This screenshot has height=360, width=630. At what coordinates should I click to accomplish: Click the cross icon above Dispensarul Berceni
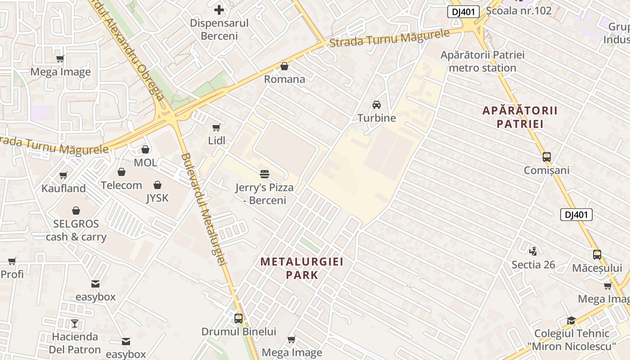tap(219, 9)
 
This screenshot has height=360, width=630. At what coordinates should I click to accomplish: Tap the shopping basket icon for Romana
tap(284, 66)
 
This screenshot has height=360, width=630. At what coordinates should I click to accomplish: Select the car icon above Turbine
tap(377, 105)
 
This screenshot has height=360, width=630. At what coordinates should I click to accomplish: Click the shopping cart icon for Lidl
tap(216, 127)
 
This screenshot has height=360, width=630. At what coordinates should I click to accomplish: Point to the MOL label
tap(145, 162)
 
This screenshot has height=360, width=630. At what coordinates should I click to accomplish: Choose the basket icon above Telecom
tap(121, 172)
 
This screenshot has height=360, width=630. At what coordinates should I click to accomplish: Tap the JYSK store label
tap(157, 198)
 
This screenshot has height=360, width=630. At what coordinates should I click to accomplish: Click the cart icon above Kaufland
tap(63, 175)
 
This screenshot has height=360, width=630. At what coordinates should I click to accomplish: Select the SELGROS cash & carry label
tap(76, 230)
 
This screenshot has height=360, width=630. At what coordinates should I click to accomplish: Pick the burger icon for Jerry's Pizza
tap(265, 174)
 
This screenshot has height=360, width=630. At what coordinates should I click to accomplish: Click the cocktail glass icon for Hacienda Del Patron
tap(75, 323)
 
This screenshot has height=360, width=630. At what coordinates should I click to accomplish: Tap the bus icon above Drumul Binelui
tap(238, 318)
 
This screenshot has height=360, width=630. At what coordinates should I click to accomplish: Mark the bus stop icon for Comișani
tap(547, 157)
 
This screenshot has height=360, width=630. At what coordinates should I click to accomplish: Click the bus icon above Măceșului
tap(597, 255)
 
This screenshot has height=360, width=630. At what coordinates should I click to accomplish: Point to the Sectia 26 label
tap(533, 265)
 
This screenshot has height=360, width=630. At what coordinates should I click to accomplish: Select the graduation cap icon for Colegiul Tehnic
tap(571, 320)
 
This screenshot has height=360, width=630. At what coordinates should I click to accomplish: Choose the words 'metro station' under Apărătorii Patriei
tap(482, 68)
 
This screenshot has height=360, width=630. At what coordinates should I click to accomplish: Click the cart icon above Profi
tap(12, 261)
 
